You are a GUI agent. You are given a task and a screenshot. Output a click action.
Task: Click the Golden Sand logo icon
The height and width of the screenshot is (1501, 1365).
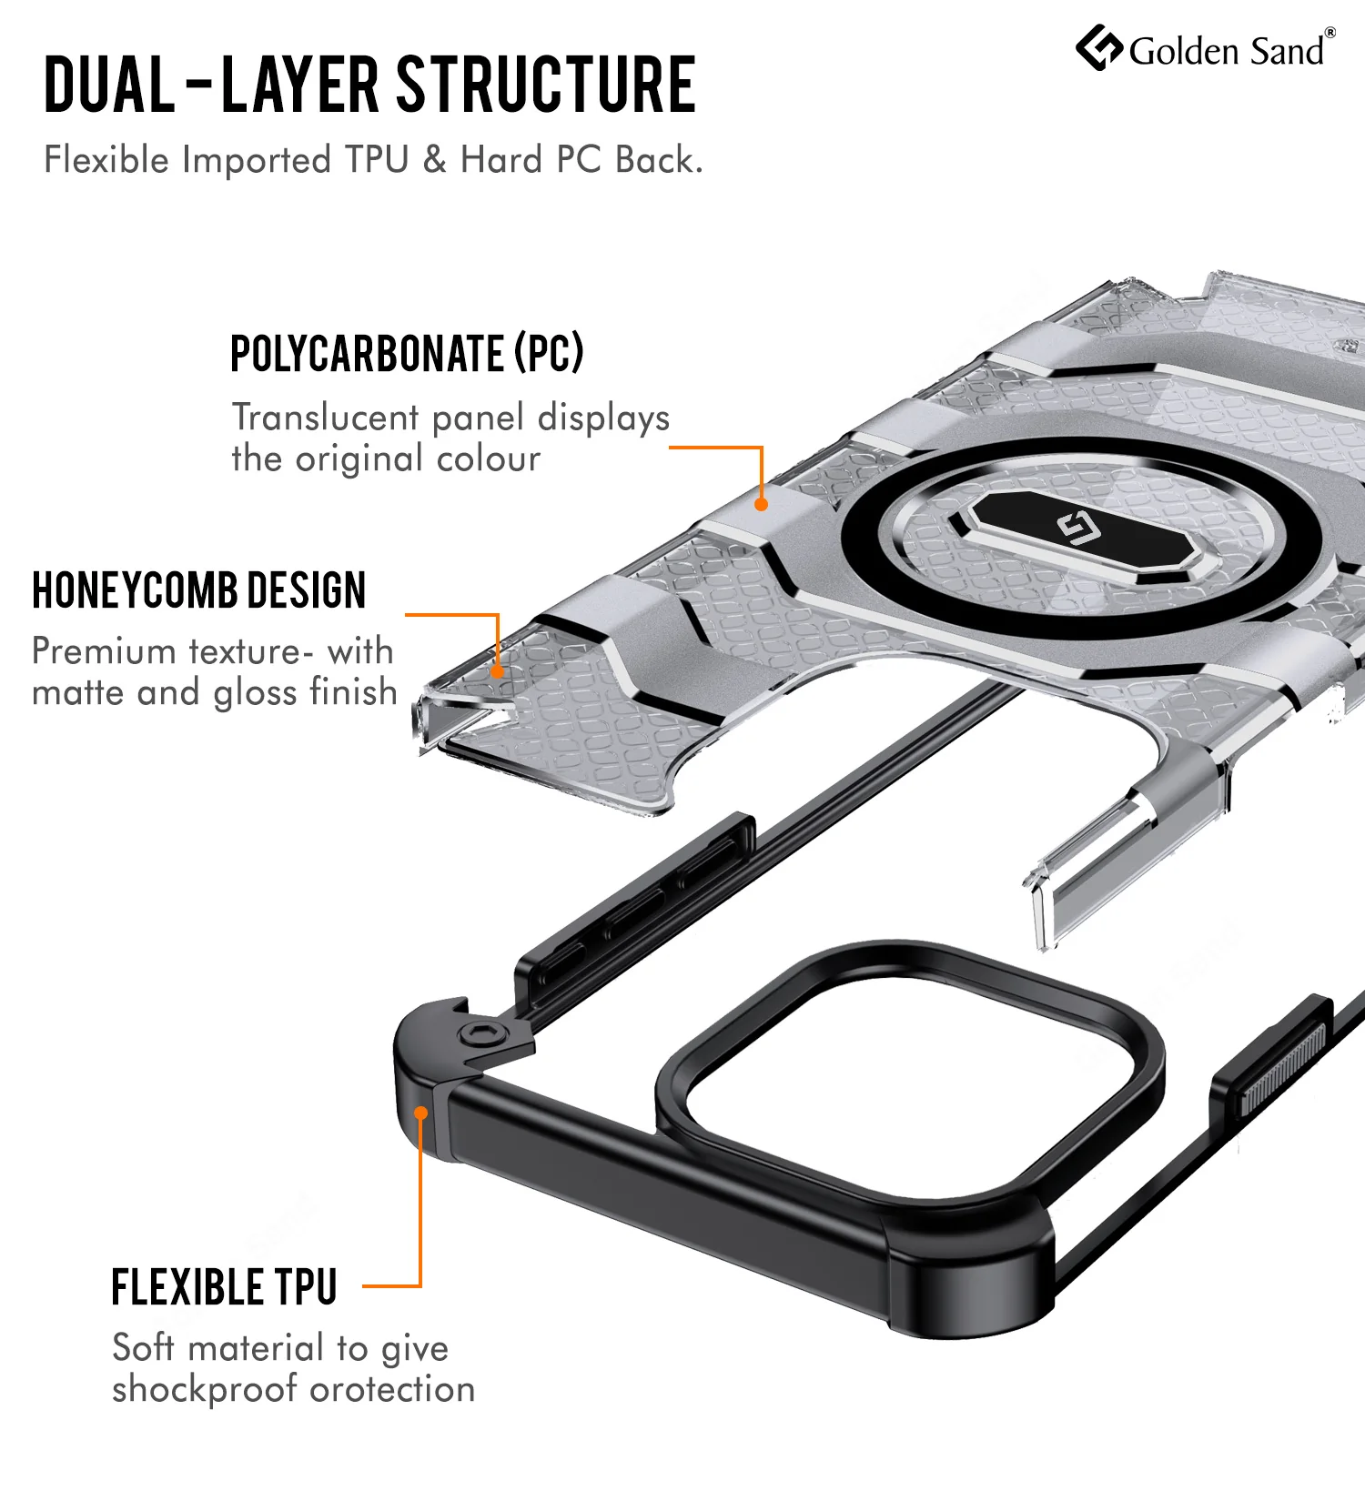tap(1099, 48)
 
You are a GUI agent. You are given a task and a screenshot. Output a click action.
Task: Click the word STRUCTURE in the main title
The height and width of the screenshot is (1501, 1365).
tap(547, 85)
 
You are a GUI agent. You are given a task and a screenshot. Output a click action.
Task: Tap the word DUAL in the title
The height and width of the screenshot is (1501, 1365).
tap(109, 85)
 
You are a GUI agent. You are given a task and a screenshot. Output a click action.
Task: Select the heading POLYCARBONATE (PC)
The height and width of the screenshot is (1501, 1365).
tap(407, 354)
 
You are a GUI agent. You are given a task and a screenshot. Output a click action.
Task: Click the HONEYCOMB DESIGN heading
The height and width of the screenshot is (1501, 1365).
tap(199, 590)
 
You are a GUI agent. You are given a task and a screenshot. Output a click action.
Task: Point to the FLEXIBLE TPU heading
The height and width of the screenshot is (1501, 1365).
tap(224, 1287)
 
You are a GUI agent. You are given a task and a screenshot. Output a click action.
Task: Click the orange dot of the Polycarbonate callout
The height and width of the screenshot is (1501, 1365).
tap(762, 504)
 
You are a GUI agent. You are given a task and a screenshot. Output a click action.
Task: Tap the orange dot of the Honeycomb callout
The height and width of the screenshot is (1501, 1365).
tap(498, 672)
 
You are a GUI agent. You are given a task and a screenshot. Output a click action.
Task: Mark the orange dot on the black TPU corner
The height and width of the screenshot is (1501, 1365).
tap(420, 1113)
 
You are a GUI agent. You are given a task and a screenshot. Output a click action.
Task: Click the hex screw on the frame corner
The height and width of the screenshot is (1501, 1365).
tap(480, 1035)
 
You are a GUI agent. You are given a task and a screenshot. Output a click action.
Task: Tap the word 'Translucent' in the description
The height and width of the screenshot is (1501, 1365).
tap(326, 418)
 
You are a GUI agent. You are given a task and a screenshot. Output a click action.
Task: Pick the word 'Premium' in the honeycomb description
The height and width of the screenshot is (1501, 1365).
tap(104, 651)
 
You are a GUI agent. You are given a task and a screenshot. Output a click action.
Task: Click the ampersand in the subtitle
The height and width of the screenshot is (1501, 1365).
tap(435, 159)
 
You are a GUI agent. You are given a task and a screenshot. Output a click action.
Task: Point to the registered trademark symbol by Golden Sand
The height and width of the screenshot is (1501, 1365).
tap(1330, 33)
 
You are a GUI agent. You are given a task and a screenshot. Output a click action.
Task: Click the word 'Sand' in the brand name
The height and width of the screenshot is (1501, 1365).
tap(1287, 51)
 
